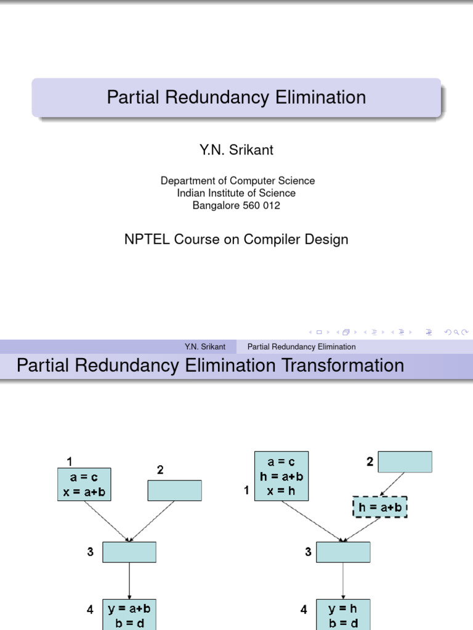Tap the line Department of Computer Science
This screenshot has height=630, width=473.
pos(237,180)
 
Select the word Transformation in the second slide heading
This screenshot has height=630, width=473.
pos(343,365)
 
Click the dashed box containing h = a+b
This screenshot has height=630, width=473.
pos(381,507)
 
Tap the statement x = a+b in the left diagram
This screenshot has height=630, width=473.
pos(84,491)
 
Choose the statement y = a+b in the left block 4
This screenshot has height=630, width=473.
pos(129,608)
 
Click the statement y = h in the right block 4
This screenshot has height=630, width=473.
pos(343,608)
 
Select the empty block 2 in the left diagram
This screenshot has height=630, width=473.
pos(175,490)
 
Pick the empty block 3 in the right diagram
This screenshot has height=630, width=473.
pos(343,552)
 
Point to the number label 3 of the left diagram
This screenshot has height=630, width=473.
pos(91,552)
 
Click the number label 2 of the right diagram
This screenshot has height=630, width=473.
pos(370,461)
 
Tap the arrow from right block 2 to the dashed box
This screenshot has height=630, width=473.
pos(392,484)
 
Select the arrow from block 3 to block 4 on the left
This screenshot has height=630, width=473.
pos(129,580)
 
